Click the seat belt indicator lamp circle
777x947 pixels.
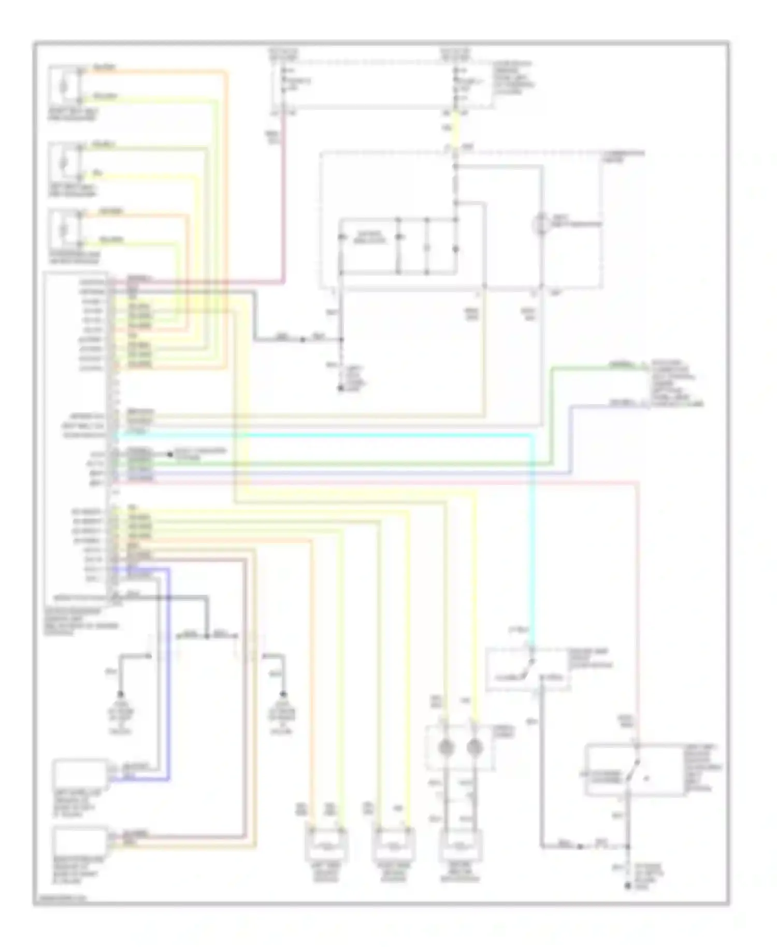(541, 224)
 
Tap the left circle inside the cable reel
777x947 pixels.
(446, 748)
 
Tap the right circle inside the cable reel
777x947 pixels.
(474, 748)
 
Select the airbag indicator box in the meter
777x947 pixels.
(369, 238)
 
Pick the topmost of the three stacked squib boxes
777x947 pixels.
(64, 84)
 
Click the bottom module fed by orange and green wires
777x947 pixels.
(326, 846)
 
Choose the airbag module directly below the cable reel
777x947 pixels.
(461, 846)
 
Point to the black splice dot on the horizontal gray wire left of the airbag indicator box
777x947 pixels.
(302, 340)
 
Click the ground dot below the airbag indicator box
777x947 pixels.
(341, 388)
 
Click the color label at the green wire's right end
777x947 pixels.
(621, 365)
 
